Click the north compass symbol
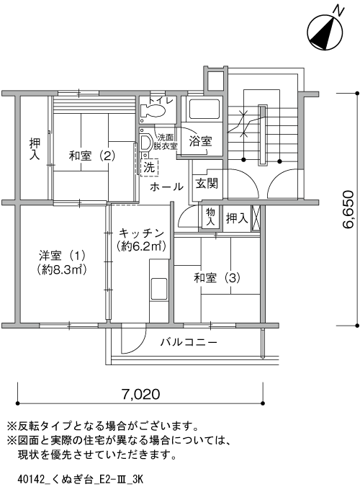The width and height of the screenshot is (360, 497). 325,32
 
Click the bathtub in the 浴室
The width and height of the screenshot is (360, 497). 203,109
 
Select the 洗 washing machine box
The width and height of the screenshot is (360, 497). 149,167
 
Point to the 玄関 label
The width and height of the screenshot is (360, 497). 207,183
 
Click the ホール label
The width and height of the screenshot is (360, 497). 166,187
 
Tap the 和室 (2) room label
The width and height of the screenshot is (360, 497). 92,156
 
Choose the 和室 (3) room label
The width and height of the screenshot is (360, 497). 217,278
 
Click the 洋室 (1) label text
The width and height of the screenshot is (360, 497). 62,255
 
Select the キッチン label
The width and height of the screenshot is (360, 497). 141,233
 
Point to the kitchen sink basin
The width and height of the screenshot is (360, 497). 159,289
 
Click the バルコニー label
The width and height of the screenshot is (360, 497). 189,342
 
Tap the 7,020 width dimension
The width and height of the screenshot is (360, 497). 141,394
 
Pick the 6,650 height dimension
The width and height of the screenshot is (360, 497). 348,210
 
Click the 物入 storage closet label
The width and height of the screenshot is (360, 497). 210,217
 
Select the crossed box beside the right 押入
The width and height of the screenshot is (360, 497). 256,218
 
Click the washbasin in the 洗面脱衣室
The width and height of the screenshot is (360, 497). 146,143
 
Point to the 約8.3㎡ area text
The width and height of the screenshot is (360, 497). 62,269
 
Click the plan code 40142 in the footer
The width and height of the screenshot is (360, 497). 30,479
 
